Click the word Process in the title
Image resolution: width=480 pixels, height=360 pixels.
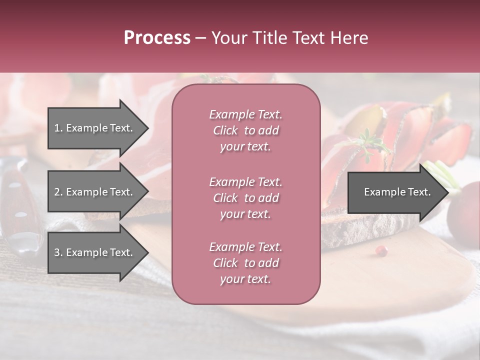157,38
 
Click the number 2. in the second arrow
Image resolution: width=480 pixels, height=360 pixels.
58,192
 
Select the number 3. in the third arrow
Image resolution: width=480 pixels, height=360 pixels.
58,252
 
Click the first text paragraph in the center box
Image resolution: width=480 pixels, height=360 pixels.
245,130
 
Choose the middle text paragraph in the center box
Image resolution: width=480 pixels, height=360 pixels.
245,198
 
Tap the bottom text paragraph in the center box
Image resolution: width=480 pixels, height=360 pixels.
245,263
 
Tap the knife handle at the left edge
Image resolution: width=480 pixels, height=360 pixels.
15,200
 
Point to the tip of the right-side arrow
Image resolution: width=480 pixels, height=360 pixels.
447,192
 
